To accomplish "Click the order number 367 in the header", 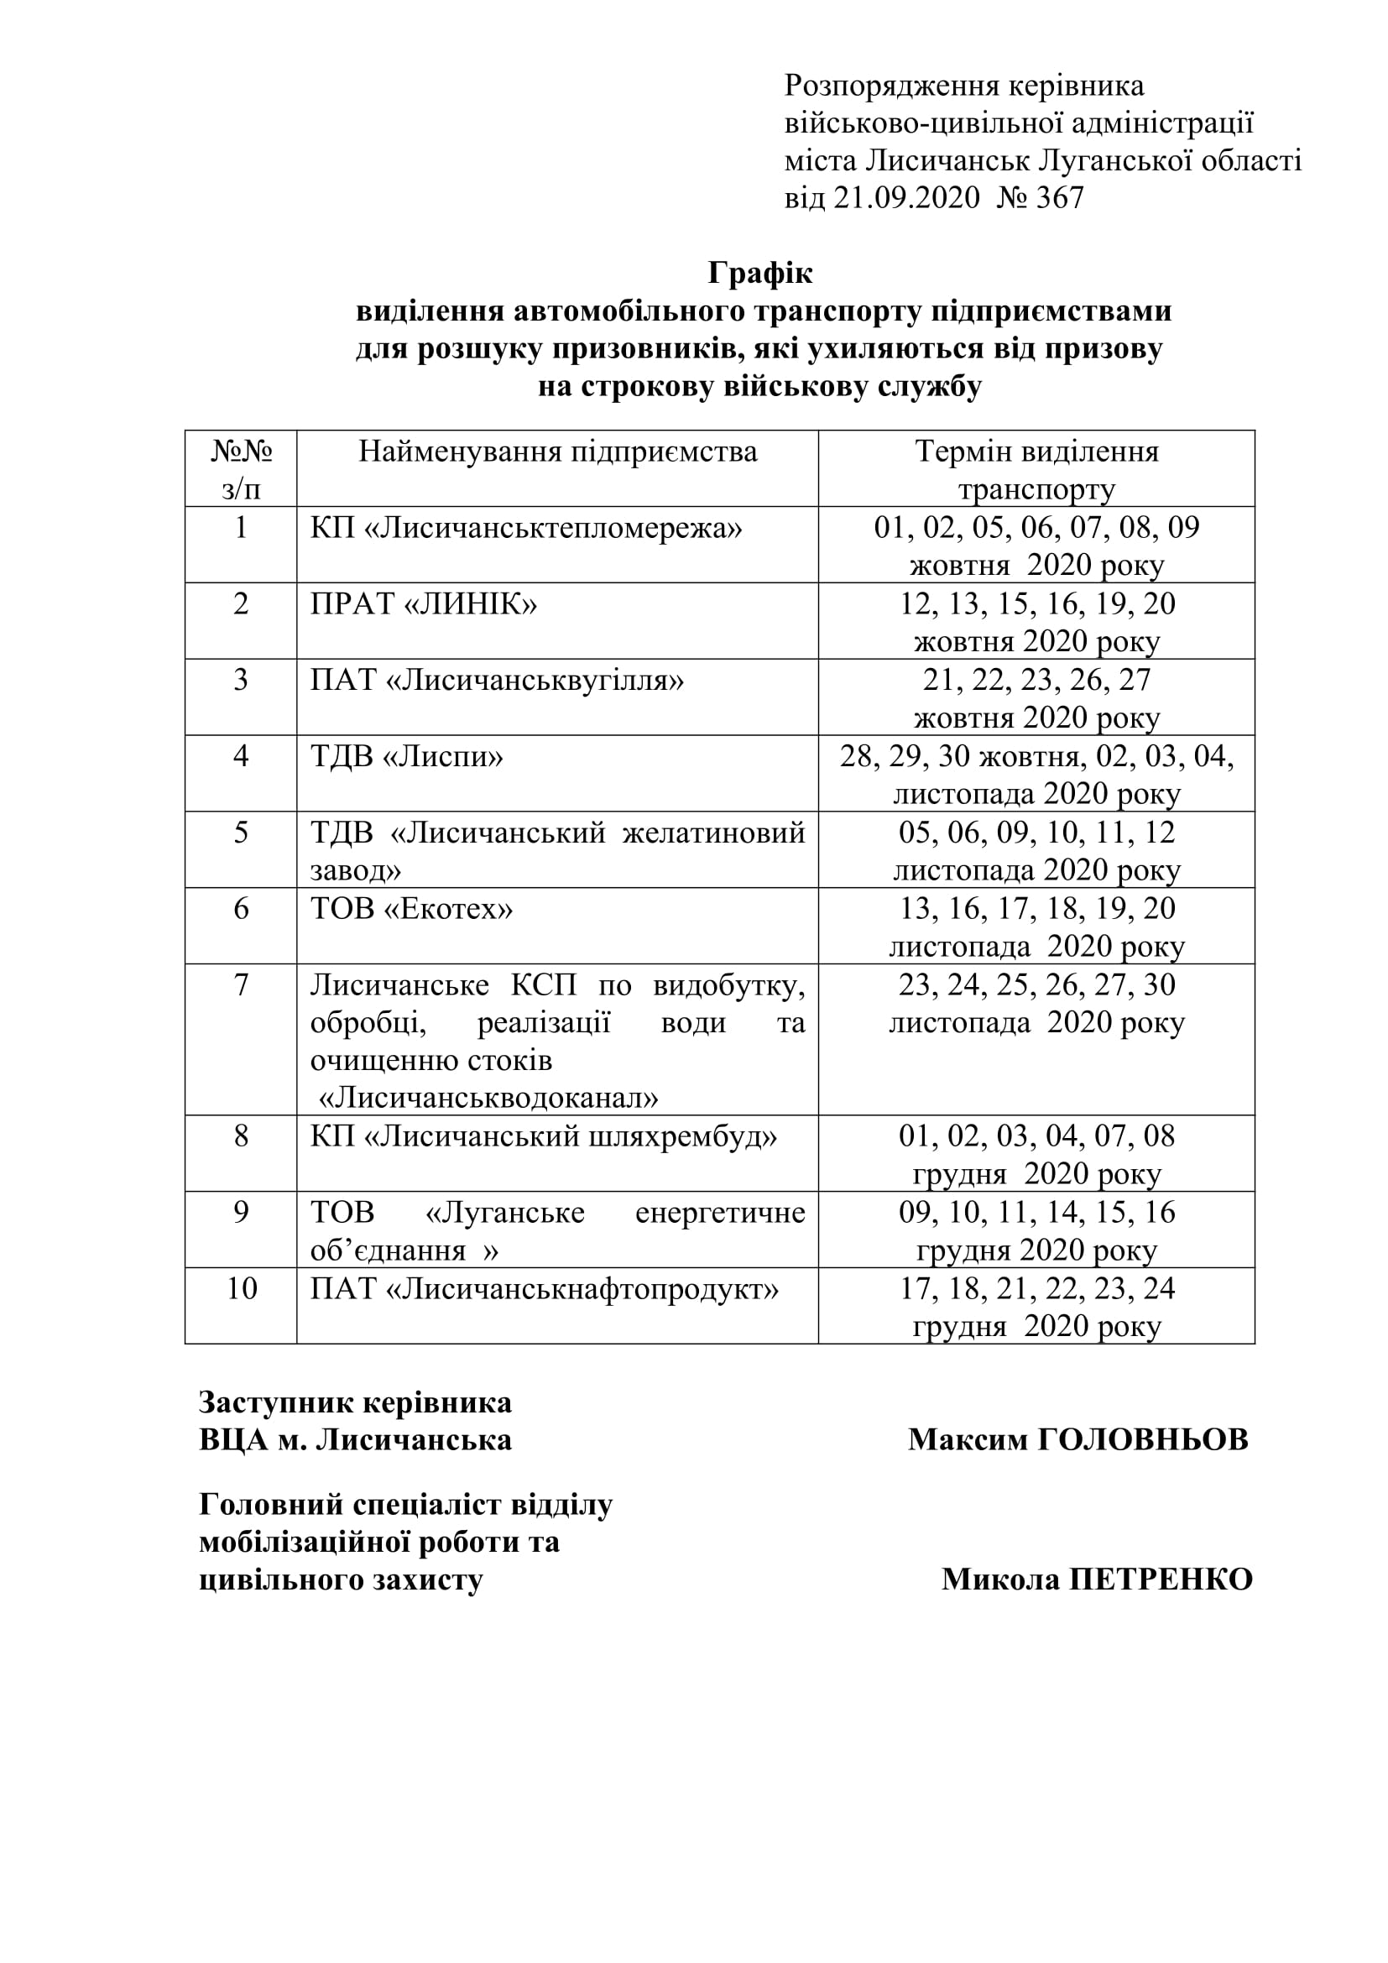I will [1059, 198].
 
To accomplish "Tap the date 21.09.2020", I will [906, 198].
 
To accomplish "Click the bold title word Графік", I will [759, 273].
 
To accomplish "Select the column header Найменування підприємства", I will [557, 452].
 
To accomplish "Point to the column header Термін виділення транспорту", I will [1036, 469].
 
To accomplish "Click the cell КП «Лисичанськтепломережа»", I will [525, 528].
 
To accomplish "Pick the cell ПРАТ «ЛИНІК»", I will [423, 603].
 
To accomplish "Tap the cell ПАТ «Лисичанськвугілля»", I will [497, 680].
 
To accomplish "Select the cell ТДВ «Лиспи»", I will [406, 756].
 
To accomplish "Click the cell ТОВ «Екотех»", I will [411, 908].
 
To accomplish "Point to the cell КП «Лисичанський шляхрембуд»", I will [544, 1136].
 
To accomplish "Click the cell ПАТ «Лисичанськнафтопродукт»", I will [545, 1288].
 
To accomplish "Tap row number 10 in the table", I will [241, 1288].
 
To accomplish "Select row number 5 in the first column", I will [241, 832].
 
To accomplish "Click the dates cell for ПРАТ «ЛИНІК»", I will [1036, 622].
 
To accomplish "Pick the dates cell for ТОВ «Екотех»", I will [1036, 926].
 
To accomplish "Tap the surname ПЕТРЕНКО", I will [1161, 1579].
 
